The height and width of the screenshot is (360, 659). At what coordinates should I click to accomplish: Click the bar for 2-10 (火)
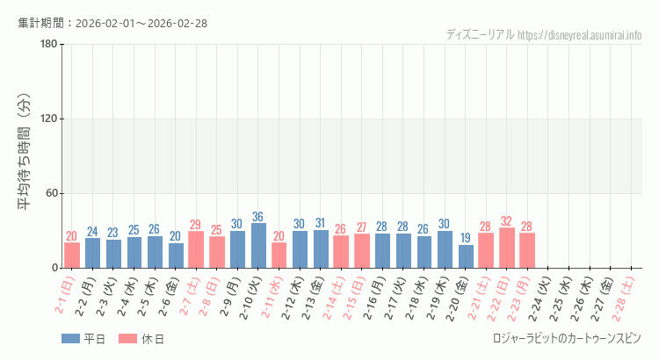tap(258, 246)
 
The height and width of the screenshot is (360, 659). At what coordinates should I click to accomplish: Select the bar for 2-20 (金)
tap(466, 256)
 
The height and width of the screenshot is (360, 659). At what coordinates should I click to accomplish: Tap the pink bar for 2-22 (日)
tap(507, 248)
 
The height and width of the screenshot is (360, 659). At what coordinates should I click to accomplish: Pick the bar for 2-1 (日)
tap(72, 256)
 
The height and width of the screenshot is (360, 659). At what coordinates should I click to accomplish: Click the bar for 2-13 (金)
tap(321, 249)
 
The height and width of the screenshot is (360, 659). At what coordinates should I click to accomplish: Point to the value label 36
tap(258, 217)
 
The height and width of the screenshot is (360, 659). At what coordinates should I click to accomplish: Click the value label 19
tap(466, 238)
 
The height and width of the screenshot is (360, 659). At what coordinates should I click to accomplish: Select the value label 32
tap(507, 221)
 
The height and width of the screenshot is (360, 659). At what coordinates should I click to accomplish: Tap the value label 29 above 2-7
tap(196, 225)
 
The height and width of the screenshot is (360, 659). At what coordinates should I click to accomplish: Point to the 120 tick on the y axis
tap(48, 119)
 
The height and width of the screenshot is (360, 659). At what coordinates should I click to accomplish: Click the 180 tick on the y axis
tap(48, 45)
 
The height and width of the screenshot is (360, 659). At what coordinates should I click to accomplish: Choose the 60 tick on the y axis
tap(51, 193)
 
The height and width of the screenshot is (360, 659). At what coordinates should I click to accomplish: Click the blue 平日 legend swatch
tap(71, 339)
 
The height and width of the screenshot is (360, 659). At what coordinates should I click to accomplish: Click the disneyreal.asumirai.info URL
tap(580, 35)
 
